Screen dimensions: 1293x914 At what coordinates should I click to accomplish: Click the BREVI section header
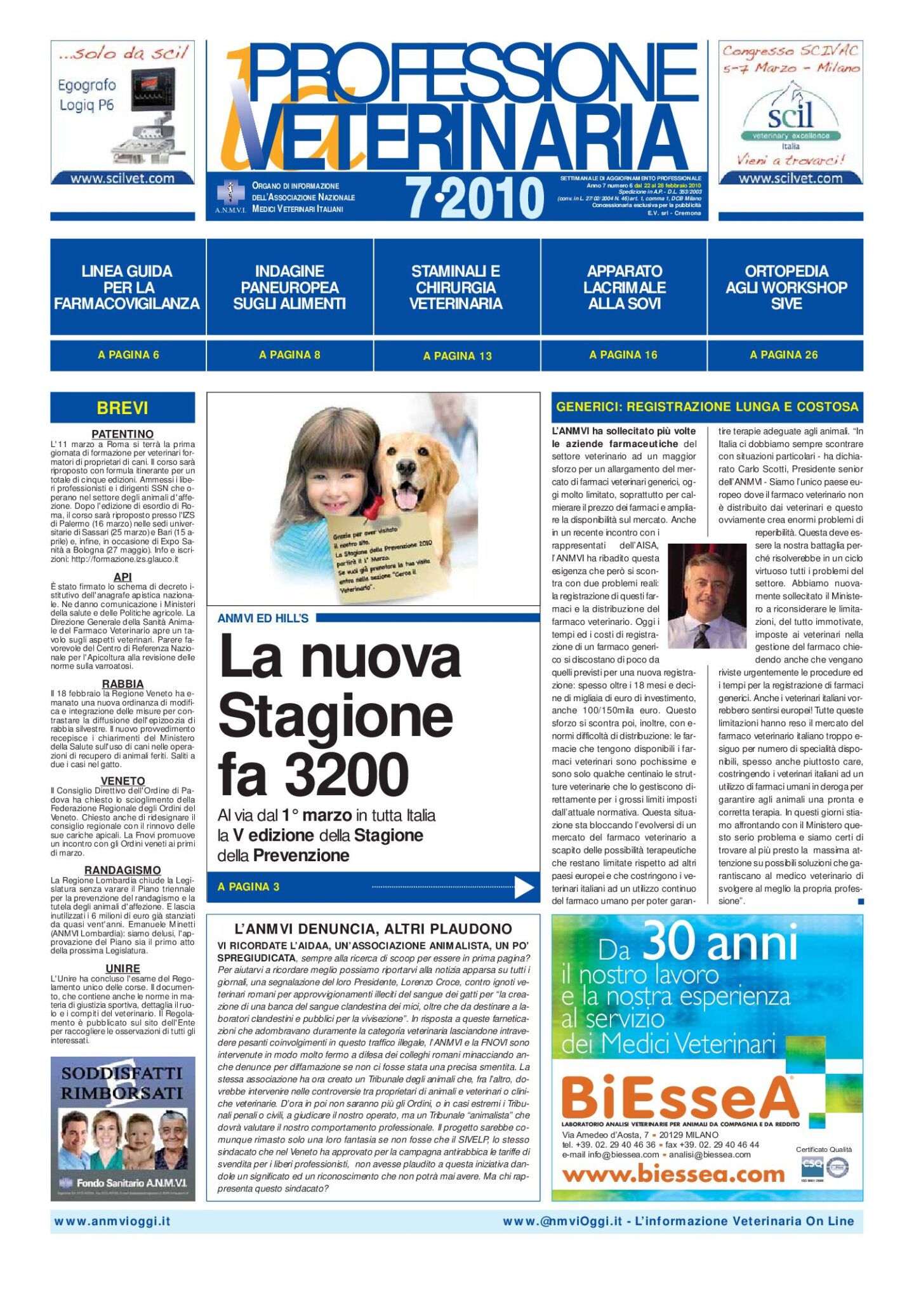123,408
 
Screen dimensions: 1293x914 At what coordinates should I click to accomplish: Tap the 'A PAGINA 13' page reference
457,356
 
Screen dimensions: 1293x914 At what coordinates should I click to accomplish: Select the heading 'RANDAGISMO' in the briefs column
123,870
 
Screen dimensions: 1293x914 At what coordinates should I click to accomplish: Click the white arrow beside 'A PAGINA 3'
524,887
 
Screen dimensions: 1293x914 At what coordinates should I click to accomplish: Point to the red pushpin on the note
373,507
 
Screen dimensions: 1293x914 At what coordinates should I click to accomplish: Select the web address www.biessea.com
673,1174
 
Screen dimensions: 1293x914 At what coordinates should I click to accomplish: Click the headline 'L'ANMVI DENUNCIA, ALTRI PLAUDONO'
373,929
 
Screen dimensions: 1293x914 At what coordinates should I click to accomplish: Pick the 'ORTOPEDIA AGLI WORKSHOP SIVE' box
786,288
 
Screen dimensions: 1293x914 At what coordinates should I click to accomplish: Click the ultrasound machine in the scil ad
156,121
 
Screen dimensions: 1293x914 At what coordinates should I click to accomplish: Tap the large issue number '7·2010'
474,198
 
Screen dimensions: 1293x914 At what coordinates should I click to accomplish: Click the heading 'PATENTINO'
123,434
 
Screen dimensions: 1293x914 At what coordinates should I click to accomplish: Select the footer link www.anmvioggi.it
112,1221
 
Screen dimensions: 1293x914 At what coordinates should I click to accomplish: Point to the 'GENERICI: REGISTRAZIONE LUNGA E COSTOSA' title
707,407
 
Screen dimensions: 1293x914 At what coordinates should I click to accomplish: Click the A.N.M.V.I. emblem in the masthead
230,193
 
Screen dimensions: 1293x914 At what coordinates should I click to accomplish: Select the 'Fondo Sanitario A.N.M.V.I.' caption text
131,1182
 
